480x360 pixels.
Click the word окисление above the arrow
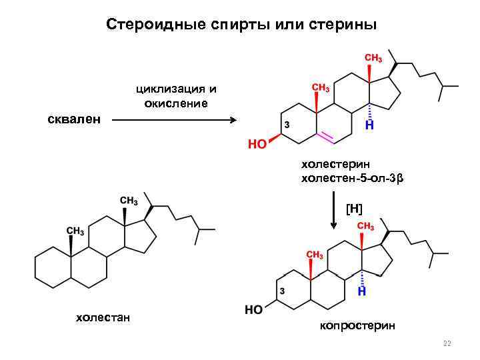[176, 103]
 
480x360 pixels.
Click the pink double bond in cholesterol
[325, 137]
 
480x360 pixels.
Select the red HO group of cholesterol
[257, 143]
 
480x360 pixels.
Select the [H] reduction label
[354, 209]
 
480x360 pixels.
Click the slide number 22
[447, 344]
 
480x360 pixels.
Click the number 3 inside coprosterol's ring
[283, 291]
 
